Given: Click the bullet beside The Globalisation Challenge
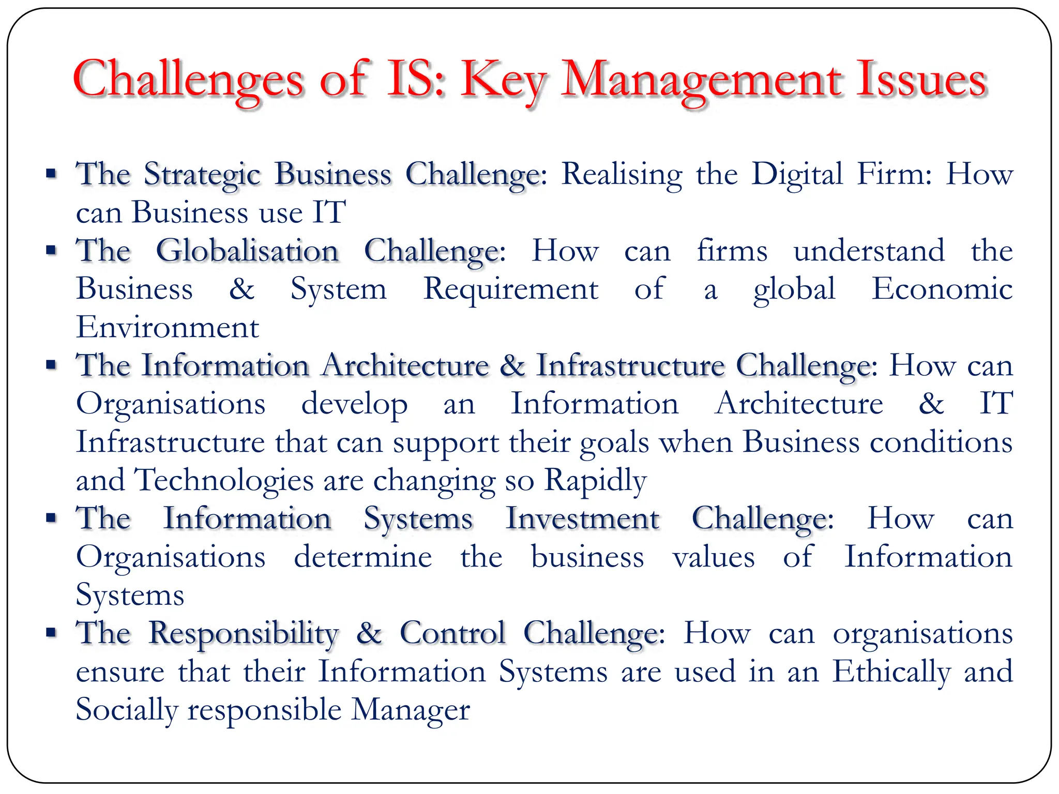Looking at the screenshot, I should tap(51, 251).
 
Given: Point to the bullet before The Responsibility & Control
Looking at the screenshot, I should tap(51, 632).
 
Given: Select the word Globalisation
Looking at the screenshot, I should tap(247, 251).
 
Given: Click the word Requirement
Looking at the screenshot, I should tap(511, 289).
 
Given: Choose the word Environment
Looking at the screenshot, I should tap(167, 327).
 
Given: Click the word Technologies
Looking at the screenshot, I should tap(224, 480).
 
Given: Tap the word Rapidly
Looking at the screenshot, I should tap(595, 480).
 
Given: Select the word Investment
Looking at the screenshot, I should tap(582, 518).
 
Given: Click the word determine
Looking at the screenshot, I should tap(363, 557).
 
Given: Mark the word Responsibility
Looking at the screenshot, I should tap(244, 633).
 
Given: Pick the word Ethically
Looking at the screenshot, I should tap(891, 671).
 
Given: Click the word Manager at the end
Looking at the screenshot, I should tap(411, 710).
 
